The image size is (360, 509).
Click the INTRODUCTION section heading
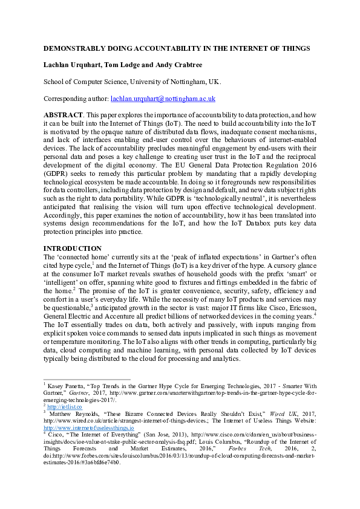pos(72,248)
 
